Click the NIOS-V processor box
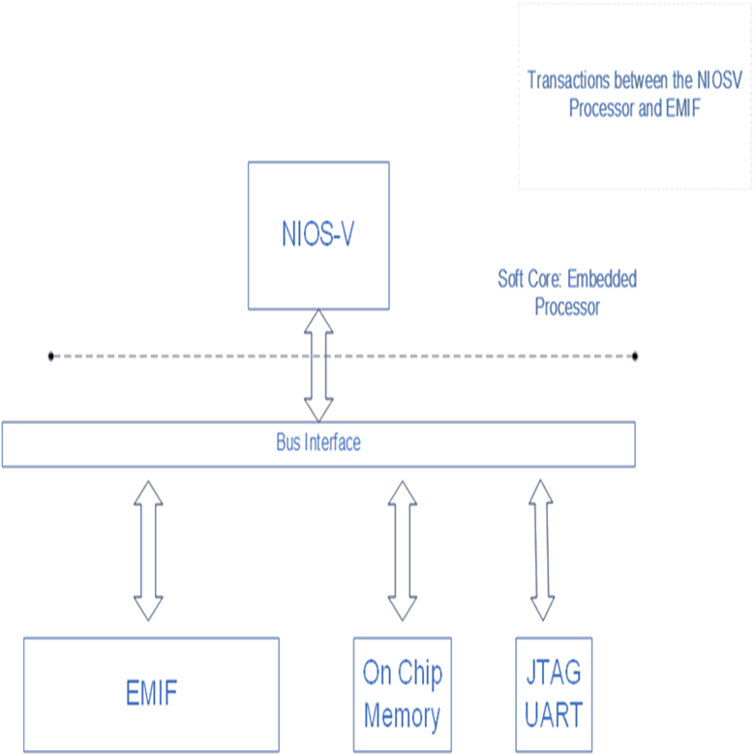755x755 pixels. [x=318, y=235]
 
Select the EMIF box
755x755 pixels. [x=151, y=693]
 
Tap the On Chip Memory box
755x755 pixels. [x=401, y=693]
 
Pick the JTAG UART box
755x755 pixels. [x=553, y=693]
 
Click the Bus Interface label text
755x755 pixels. [x=318, y=443]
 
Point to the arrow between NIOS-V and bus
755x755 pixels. [x=318, y=365]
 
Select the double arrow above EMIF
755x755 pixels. [x=148, y=549]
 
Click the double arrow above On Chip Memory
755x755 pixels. [x=401, y=549]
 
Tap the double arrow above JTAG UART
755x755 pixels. [x=542, y=549]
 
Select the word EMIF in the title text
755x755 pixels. [x=682, y=108]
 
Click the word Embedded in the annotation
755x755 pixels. [x=601, y=280]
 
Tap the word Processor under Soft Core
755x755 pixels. [x=566, y=308]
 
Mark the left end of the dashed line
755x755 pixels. [x=51, y=356]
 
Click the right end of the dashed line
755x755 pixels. [x=635, y=356]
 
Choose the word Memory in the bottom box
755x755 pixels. [x=402, y=716]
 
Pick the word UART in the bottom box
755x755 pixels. [x=553, y=715]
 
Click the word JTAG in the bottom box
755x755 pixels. [x=553, y=672]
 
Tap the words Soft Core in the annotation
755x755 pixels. [x=528, y=280]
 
